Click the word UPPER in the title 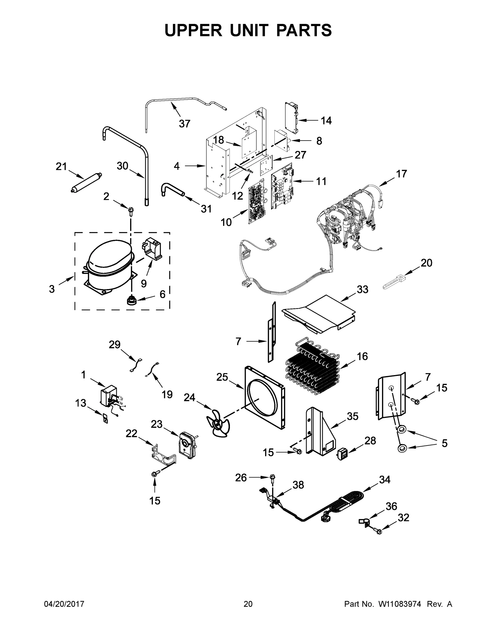pyautogui.click(x=193, y=30)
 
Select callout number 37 pyautogui.click(x=184, y=124)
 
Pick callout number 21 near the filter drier pyautogui.click(x=61, y=167)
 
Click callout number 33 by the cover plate pyautogui.click(x=362, y=289)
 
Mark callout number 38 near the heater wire pyautogui.click(x=298, y=485)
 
